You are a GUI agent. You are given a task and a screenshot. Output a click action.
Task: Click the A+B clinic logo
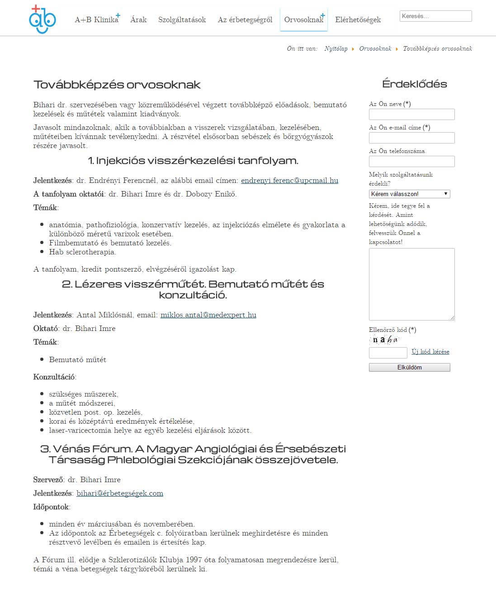click(x=43, y=19)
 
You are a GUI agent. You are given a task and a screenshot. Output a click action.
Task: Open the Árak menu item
click(x=138, y=20)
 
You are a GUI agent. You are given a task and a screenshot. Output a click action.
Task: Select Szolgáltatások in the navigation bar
click(x=182, y=20)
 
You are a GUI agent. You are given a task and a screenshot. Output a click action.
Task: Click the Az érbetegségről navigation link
click(x=245, y=20)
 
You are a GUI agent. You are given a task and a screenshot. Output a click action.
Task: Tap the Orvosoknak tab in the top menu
click(x=303, y=20)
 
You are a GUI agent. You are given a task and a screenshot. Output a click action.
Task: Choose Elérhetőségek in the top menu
click(x=358, y=20)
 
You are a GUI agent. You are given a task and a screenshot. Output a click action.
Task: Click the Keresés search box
click(x=435, y=16)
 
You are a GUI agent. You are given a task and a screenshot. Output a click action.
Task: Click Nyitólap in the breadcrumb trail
click(x=336, y=49)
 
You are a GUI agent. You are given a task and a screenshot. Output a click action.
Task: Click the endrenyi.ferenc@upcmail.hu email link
click(x=289, y=181)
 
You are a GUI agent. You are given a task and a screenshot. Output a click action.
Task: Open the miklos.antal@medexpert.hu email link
click(x=208, y=315)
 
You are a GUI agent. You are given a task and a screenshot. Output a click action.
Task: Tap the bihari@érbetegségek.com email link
click(x=120, y=493)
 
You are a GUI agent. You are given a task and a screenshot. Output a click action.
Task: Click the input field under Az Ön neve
click(x=411, y=115)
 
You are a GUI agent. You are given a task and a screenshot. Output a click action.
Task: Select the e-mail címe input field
click(x=411, y=138)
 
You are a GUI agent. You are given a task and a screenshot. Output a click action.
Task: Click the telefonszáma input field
click(x=411, y=162)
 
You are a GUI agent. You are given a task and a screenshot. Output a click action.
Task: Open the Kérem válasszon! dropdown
click(x=409, y=194)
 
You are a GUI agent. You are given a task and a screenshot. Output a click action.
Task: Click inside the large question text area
click(x=411, y=284)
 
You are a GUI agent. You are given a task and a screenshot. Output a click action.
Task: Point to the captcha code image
click(x=384, y=340)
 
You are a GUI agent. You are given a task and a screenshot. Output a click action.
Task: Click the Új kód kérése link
click(x=430, y=352)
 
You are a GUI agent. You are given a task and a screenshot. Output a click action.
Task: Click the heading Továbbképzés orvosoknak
click(x=117, y=85)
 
